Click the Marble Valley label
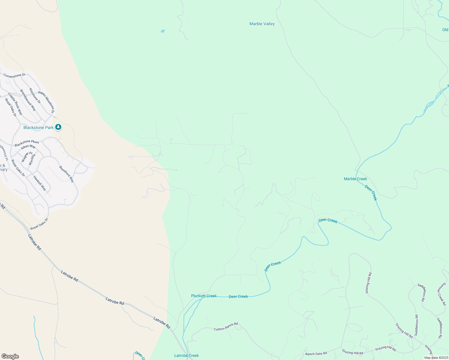tap(262, 24)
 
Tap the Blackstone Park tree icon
tap(59, 127)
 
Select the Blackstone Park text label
tap(38, 127)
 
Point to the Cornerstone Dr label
tap(14, 75)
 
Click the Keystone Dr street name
tap(35, 96)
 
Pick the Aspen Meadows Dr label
tap(47, 102)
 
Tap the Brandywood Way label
tap(28, 100)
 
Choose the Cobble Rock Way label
tap(15, 104)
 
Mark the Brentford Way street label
tap(66, 174)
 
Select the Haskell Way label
tap(40, 183)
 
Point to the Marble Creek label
tap(355, 179)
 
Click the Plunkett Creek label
tap(204, 296)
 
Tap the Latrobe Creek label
tap(186, 355)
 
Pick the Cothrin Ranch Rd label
tap(226, 327)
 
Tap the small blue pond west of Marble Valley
tap(163, 31)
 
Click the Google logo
tap(10, 356)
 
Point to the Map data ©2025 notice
tap(436, 358)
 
